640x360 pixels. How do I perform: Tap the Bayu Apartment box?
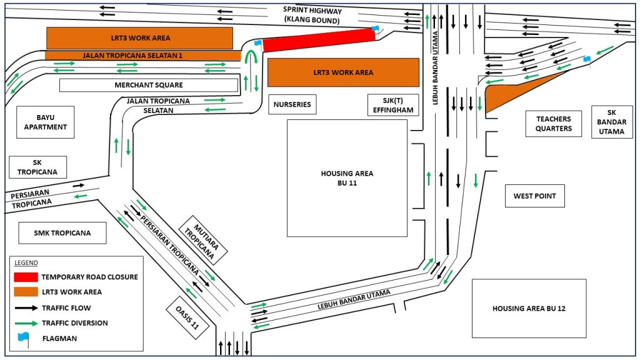click(46, 122)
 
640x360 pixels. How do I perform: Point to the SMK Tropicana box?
click(62, 233)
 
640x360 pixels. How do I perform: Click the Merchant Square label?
click(149, 85)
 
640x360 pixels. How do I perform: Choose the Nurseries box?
click(292, 104)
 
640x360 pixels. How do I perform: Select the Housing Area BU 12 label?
click(529, 308)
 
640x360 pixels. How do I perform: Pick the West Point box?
click(534, 196)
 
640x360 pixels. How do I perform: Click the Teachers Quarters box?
click(554, 124)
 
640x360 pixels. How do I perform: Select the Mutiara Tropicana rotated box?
click(203, 237)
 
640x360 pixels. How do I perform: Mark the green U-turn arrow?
click(251, 59)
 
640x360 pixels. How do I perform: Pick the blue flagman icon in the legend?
click(24, 337)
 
